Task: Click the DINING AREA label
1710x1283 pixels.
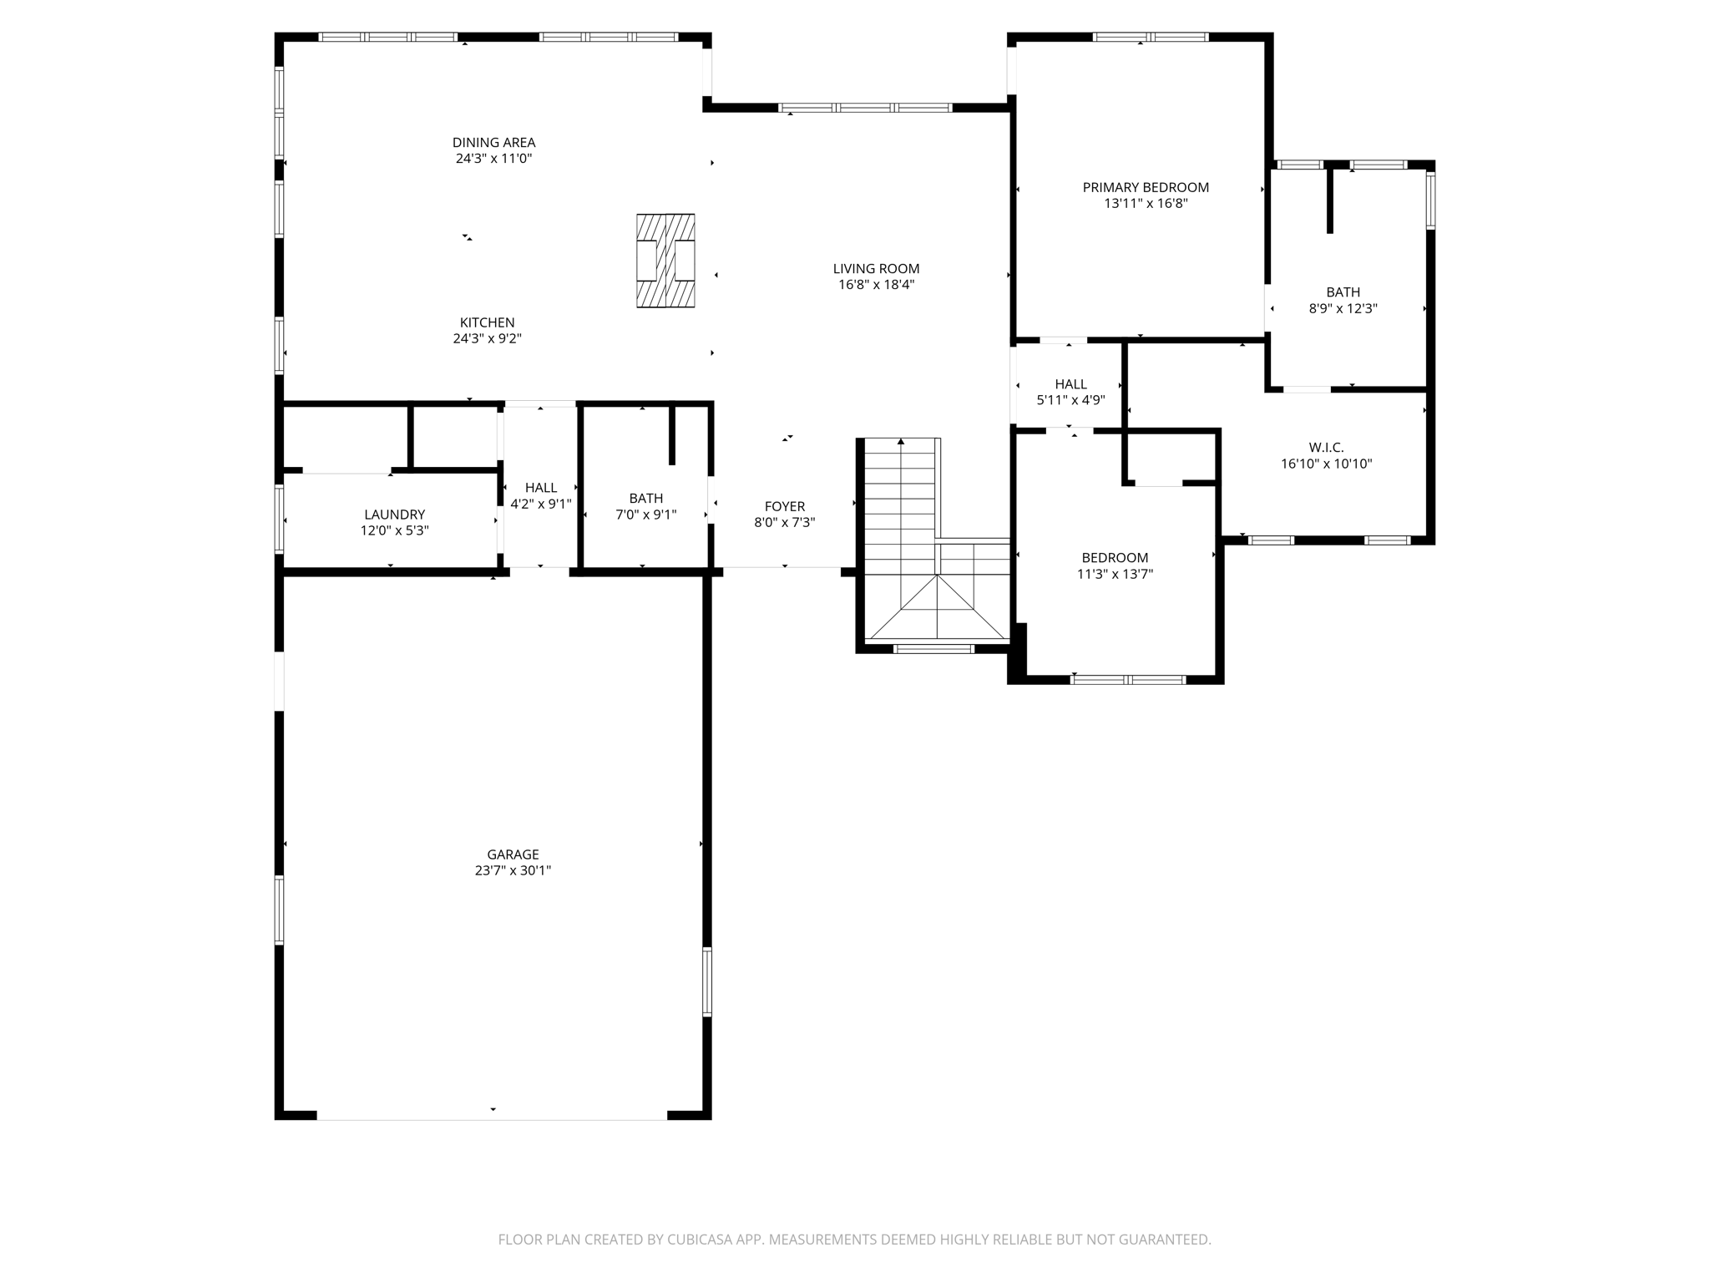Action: tap(493, 143)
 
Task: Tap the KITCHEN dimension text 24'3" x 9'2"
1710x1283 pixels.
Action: tap(487, 338)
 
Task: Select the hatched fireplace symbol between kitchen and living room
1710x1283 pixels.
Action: tap(665, 261)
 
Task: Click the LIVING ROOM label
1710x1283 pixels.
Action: tap(876, 269)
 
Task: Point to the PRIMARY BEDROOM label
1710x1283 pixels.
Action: tap(1146, 188)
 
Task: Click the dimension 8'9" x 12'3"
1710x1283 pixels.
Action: tap(1343, 308)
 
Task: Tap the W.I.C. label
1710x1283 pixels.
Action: tap(1326, 448)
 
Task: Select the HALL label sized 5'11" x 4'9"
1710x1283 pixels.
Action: tap(1070, 384)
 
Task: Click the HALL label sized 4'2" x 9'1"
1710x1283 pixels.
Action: tap(540, 488)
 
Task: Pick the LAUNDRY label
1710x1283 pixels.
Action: tap(394, 515)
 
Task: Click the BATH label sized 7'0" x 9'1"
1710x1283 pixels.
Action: tap(645, 499)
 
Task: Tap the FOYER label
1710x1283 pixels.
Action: tap(784, 506)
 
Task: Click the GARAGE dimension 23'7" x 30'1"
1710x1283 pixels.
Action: tap(513, 870)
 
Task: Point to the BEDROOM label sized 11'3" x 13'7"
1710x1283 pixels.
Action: tap(1115, 558)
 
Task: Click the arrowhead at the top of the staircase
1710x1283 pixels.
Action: tap(900, 441)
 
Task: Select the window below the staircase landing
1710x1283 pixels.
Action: tap(933, 648)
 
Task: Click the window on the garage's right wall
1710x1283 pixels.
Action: tap(707, 981)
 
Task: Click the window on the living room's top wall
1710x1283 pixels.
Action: tap(865, 108)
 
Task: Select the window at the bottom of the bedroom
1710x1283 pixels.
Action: tap(1127, 679)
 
